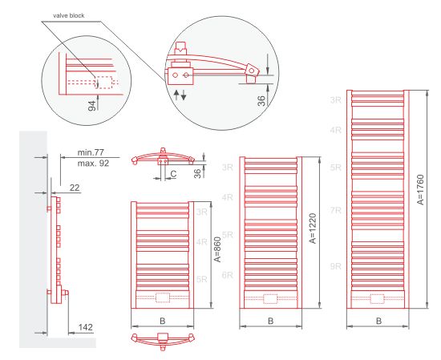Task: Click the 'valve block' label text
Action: point(69,16)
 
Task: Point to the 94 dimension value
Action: point(92,106)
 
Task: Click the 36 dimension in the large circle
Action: point(261,101)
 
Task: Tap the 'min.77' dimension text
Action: point(91,152)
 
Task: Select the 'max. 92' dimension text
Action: point(93,164)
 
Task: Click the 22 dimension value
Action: point(75,188)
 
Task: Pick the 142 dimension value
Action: point(86,327)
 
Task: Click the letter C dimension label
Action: point(173,174)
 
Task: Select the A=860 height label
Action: point(218,249)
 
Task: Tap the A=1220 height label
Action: point(313,228)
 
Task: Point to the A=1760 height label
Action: point(420,190)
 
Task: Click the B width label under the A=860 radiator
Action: point(163,321)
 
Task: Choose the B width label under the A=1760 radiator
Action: point(378,321)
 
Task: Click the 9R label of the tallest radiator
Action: point(335,266)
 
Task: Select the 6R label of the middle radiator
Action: point(228,275)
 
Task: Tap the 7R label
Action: point(335,210)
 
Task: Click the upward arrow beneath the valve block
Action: point(176,95)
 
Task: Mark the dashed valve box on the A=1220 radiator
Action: point(270,299)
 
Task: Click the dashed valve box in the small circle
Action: point(103,82)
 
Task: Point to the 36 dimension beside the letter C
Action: point(198,173)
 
